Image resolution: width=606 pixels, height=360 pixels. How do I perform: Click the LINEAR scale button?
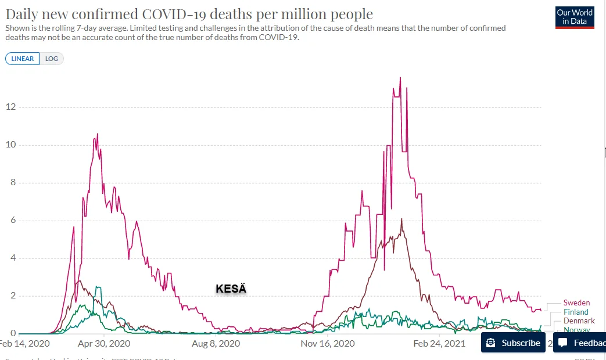[x=23, y=59]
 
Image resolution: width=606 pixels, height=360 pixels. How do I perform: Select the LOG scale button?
[x=52, y=59]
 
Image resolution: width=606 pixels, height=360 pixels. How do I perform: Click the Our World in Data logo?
[x=575, y=17]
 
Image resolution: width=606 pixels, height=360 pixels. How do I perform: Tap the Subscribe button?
[x=513, y=343]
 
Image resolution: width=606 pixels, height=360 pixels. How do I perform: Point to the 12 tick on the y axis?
[x=10, y=107]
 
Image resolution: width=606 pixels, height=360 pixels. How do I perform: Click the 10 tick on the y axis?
[x=10, y=145]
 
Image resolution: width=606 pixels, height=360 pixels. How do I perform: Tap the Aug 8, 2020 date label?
[x=216, y=343]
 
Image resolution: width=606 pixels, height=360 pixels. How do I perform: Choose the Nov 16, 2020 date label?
[x=328, y=343]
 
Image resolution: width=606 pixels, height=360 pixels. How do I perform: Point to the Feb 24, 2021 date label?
[x=440, y=343]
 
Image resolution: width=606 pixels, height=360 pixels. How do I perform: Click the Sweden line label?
[x=576, y=303]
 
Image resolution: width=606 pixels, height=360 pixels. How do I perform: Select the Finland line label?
[x=576, y=312]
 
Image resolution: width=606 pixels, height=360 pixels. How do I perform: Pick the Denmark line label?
[x=579, y=321]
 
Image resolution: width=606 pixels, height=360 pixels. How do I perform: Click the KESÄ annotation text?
[x=231, y=289]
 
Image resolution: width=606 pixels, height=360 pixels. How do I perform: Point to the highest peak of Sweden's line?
[x=400, y=78]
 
